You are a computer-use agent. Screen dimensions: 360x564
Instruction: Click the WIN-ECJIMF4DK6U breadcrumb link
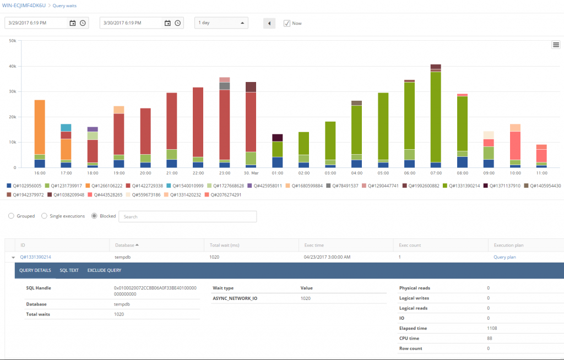pyautogui.click(x=25, y=5)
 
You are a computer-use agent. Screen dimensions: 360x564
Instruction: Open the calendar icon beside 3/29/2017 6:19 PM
pyautogui.click(x=73, y=23)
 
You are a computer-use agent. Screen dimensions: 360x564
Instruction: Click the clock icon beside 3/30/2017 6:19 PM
pyautogui.click(x=178, y=23)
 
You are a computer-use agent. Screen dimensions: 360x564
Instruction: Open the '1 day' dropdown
pyautogui.click(x=221, y=23)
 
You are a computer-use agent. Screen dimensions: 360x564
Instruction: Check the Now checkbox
pyautogui.click(x=286, y=23)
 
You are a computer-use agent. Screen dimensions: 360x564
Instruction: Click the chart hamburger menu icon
pyautogui.click(x=556, y=45)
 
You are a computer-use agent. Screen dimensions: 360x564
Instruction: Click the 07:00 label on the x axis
pyautogui.click(x=435, y=172)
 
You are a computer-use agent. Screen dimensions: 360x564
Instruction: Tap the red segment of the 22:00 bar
pyautogui.click(x=198, y=122)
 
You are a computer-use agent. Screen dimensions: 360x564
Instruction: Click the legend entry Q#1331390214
pyautogui.click(x=463, y=186)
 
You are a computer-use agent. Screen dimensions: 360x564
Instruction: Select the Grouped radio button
pyautogui.click(x=11, y=216)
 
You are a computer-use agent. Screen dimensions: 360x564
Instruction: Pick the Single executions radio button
pyautogui.click(x=44, y=216)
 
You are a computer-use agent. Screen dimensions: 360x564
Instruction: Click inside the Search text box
pyautogui.click(x=187, y=216)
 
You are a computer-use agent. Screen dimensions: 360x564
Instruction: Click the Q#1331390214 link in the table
pyautogui.click(x=35, y=257)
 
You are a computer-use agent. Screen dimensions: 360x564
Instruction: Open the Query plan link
pyautogui.click(x=505, y=257)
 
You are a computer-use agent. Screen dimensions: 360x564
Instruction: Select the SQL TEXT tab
pyautogui.click(x=69, y=270)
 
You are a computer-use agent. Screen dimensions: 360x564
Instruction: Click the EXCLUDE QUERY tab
pyautogui.click(x=104, y=270)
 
